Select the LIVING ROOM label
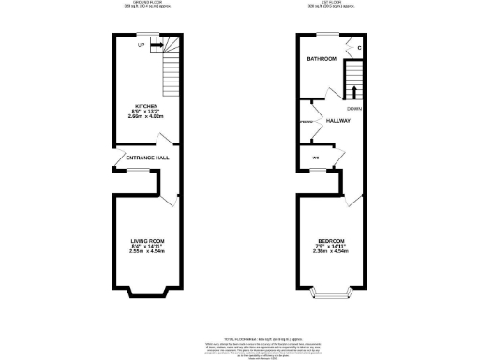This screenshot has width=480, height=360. pos(148,240)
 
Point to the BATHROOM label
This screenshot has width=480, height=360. pos(322,59)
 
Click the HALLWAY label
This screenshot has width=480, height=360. pos(337,121)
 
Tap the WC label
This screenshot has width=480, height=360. pos(315,157)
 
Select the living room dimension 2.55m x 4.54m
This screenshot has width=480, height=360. pos(148,252)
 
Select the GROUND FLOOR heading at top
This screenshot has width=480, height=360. pos(147,3)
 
